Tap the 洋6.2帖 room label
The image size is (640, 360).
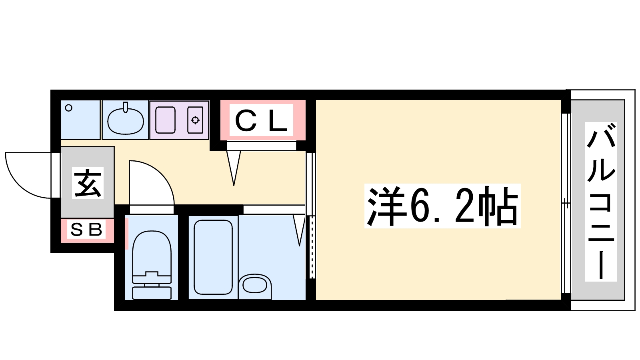point(442,206)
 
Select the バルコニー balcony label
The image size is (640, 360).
point(600,202)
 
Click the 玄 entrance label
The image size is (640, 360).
point(88,183)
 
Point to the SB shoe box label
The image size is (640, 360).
point(87,230)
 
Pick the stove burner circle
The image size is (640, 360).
point(195,120)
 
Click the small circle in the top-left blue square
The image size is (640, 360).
point(69,108)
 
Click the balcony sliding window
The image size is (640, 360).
point(565,203)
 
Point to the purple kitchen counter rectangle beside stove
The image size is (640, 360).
point(165,120)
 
